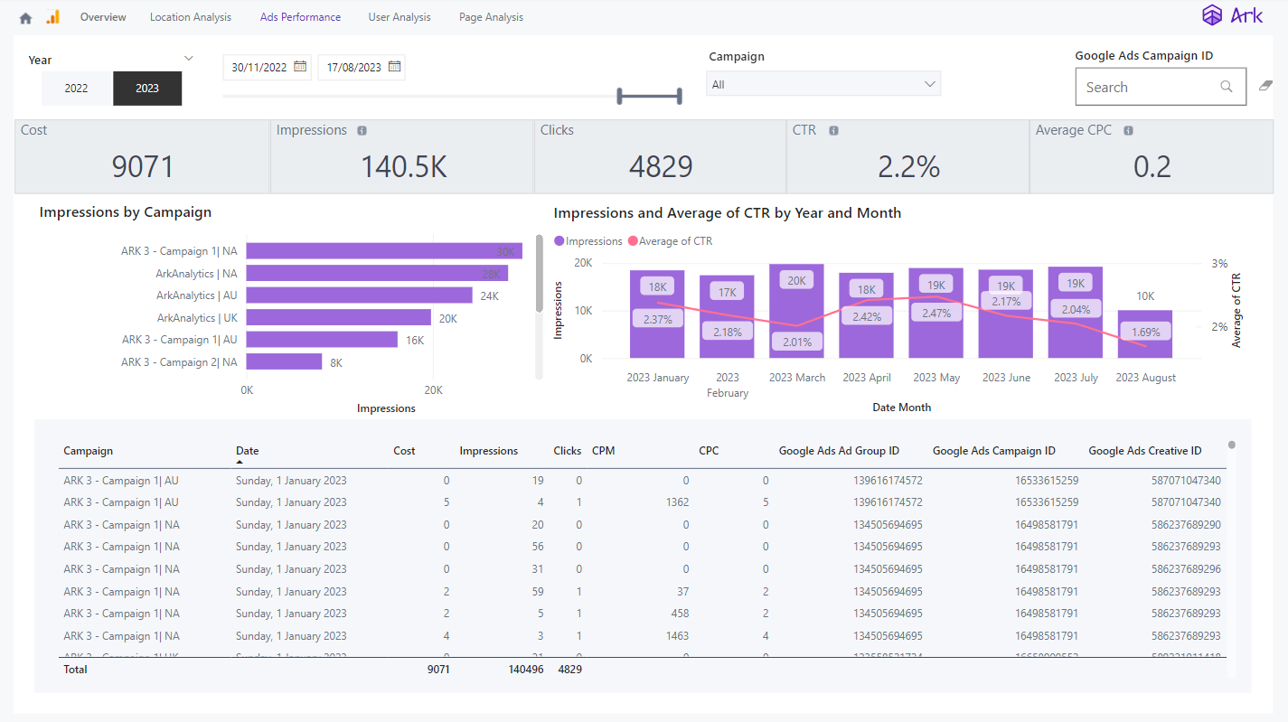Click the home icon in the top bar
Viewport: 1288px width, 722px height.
(x=25, y=18)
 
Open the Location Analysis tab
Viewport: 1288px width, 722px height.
(x=190, y=17)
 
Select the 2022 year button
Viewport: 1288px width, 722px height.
(x=76, y=89)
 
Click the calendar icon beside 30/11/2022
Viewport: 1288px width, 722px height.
(x=300, y=67)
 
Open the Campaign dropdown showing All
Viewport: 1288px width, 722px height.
(x=823, y=84)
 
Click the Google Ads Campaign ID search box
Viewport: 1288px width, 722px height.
(x=1148, y=88)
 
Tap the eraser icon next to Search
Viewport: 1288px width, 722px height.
(x=1265, y=86)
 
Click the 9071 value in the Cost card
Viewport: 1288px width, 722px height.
(x=142, y=167)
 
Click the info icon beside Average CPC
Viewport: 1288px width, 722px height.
(x=1128, y=131)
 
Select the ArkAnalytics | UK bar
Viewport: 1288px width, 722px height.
(x=338, y=317)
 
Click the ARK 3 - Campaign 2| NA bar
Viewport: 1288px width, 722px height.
(x=284, y=361)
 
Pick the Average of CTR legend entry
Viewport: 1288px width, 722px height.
(x=670, y=241)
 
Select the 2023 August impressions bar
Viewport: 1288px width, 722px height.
(x=1144, y=334)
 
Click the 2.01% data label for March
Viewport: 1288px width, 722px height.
(x=796, y=342)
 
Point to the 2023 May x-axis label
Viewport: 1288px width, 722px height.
(x=935, y=378)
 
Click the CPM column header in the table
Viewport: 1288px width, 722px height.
(x=603, y=451)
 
